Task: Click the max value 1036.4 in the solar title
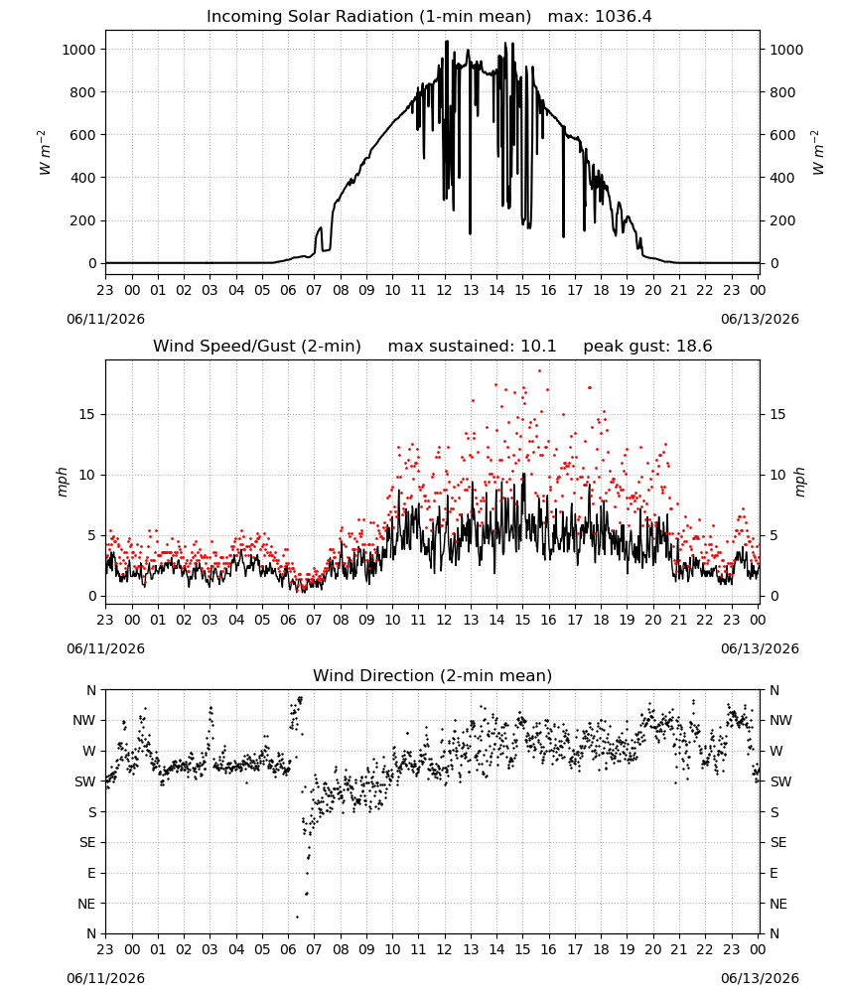click(x=624, y=17)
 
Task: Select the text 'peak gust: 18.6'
click(x=647, y=347)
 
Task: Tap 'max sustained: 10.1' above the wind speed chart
click(x=472, y=347)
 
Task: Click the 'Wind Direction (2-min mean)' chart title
click(x=433, y=675)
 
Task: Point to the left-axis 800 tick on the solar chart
click(x=83, y=92)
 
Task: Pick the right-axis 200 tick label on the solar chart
click(x=782, y=221)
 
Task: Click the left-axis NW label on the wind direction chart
click(x=84, y=721)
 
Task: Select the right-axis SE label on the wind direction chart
click(x=778, y=843)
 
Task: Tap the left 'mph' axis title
click(x=62, y=482)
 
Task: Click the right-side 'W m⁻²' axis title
click(x=818, y=153)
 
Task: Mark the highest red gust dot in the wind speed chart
click(x=539, y=371)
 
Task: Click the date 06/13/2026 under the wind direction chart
click(x=760, y=978)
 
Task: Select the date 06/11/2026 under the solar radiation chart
click(x=105, y=319)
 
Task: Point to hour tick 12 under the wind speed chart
click(x=445, y=620)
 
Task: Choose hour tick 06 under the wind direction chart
click(x=288, y=949)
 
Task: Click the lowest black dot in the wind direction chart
click(x=297, y=917)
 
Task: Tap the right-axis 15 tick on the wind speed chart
click(x=777, y=415)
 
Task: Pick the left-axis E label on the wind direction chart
click(x=91, y=873)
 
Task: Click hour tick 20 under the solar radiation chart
click(x=652, y=290)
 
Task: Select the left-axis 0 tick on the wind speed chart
click(x=93, y=597)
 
